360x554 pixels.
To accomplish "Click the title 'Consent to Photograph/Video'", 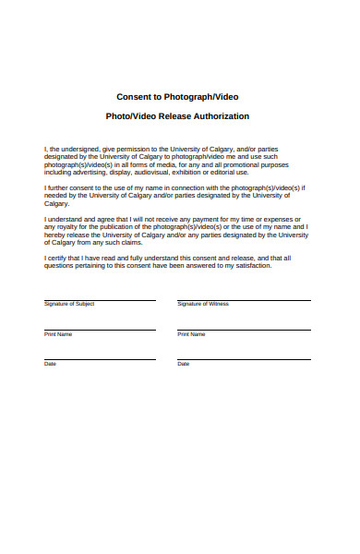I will (x=178, y=96).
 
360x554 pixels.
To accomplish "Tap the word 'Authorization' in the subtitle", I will (x=220, y=116).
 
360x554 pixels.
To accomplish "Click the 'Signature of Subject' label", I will (x=69, y=304).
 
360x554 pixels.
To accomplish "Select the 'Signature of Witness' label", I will (x=203, y=304).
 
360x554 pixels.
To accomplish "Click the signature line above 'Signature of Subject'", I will (x=100, y=299).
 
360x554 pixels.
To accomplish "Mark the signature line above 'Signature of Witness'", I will (x=244, y=299).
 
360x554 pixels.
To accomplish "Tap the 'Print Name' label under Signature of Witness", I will (x=191, y=333).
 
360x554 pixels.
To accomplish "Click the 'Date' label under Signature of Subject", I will (x=51, y=364).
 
